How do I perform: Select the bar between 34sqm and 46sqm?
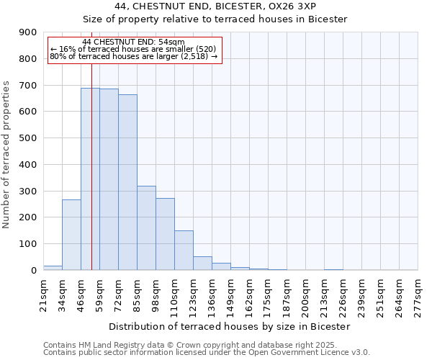pos(71,235)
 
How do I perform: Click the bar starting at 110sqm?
pos(184,251)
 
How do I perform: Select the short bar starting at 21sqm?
pos(53,268)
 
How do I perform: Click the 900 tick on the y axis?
pos(28,32)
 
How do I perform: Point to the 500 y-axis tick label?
pos(28,138)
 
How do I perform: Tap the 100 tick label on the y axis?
pos(28,244)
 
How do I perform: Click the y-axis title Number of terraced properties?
pos(6,154)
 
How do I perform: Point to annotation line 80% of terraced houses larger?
pos(134,56)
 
